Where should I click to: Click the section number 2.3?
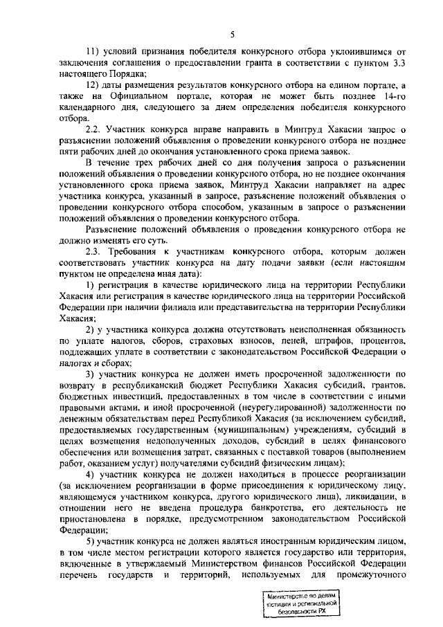(93, 251)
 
